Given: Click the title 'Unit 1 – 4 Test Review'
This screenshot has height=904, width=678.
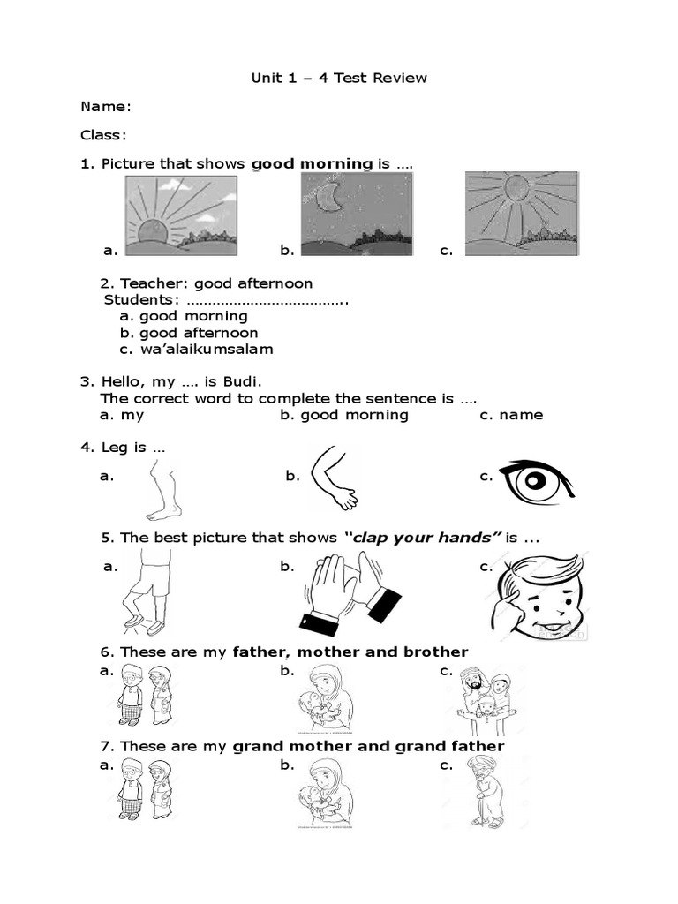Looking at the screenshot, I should tap(339, 78).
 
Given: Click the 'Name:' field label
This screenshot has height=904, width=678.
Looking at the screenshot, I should tap(106, 107).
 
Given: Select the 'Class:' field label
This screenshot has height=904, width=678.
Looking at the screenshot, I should tap(104, 135).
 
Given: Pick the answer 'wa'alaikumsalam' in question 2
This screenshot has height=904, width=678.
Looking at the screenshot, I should tap(207, 349).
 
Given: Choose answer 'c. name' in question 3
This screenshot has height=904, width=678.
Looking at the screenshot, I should tap(511, 415).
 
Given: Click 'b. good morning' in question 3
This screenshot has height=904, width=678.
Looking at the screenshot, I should tap(344, 415).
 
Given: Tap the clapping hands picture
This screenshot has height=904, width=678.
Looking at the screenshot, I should tap(350, 595).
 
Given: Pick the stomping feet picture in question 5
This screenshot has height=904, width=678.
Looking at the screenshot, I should tap(147, 591).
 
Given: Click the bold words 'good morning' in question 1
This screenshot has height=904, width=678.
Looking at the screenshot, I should tap(313, 163).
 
